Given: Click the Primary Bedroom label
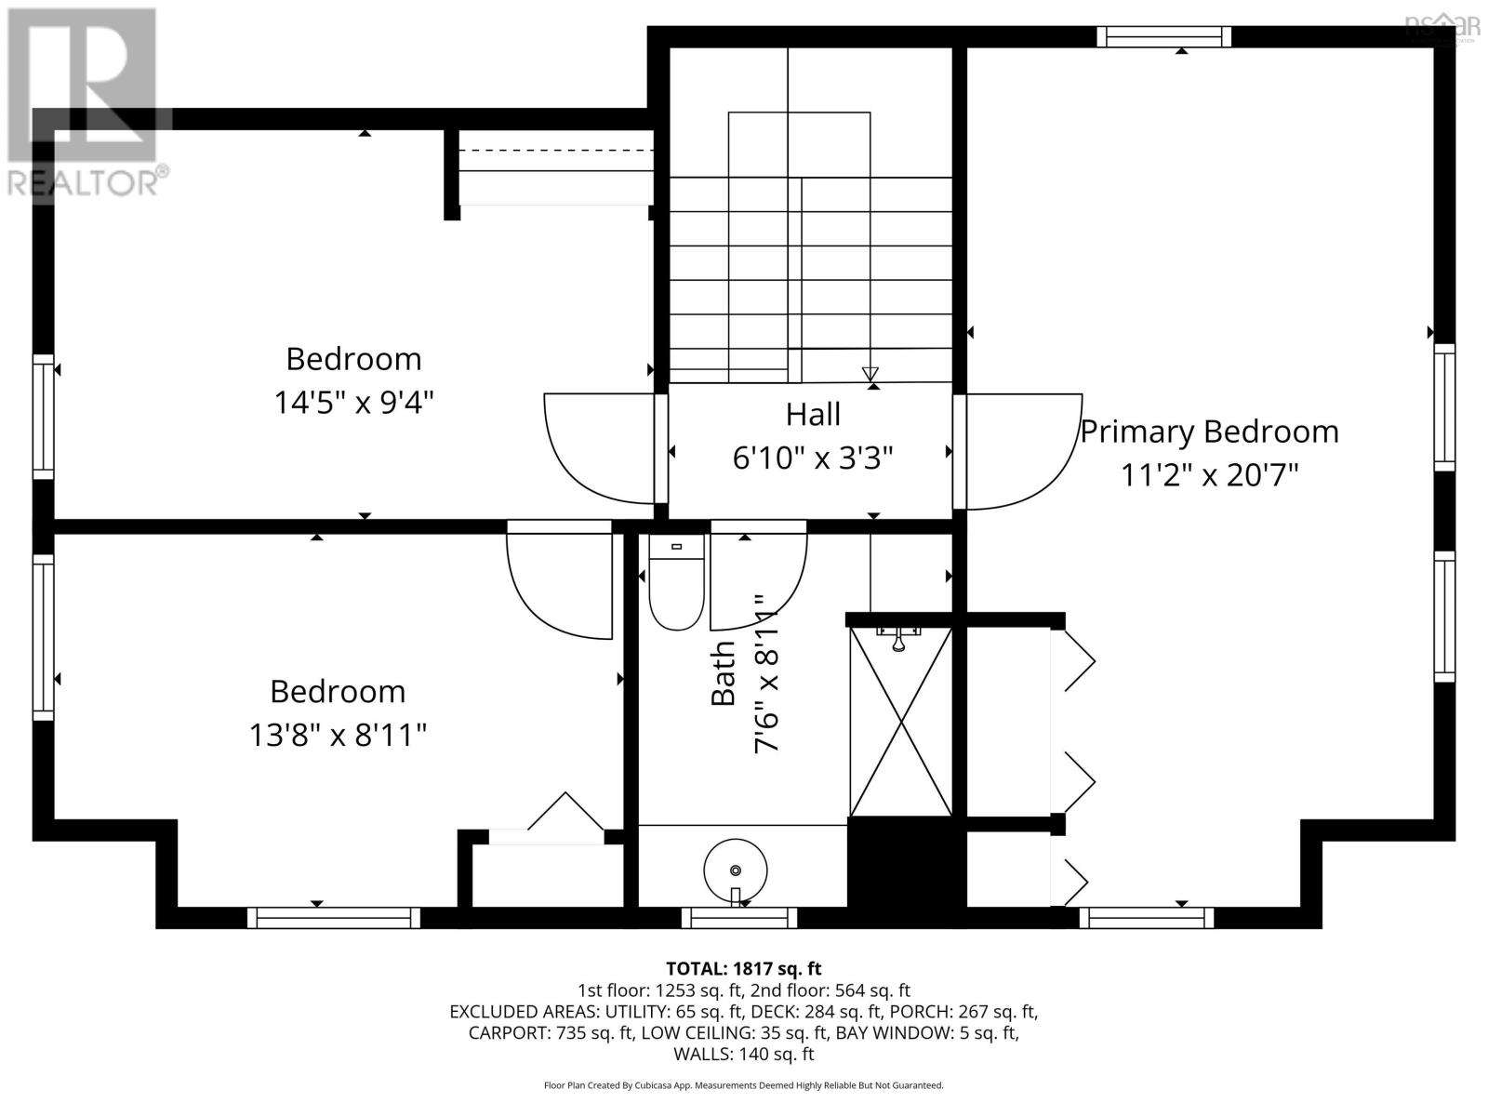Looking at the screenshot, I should [x=1209, y=432].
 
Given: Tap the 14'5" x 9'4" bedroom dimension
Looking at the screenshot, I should [x=353, y=403].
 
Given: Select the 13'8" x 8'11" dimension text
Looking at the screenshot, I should [x=337, y=736].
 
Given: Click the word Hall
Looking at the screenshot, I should [x=813, y=415].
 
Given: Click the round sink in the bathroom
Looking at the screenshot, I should [x=735, y=870].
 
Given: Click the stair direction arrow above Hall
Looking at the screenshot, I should [x=870, y=374].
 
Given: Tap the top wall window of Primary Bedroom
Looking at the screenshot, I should [x=1163, y=36].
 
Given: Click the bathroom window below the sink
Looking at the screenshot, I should [x=739, y=918].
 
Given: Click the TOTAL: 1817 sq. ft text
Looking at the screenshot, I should [x=743, y=968].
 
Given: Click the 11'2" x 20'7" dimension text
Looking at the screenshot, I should [x=1209, y=475].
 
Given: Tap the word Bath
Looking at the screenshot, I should [x=724, y=673].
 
